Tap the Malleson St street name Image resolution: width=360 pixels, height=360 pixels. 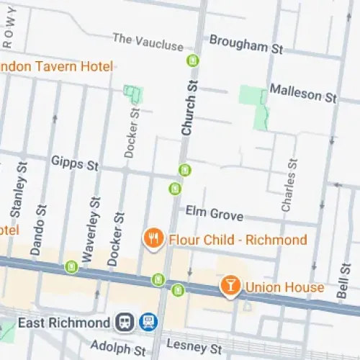(x=303, y=92)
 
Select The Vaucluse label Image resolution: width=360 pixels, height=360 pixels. (x=148, y=42)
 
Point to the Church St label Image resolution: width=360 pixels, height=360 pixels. (x=189, y=109)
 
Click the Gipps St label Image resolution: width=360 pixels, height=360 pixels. (x=74, y=163)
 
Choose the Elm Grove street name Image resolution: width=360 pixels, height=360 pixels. (x=214, y=214)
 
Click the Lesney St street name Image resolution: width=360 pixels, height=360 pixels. (x=187, y=345)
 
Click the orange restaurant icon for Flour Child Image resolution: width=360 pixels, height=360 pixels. (x=153, y=239)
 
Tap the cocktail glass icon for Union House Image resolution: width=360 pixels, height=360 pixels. (x=230, y=287)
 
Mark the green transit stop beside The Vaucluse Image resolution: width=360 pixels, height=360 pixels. (x=192, y=60)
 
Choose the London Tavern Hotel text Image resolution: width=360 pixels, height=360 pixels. (x=56, y=67)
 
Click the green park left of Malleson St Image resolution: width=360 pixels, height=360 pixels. (x=253, y=97)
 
